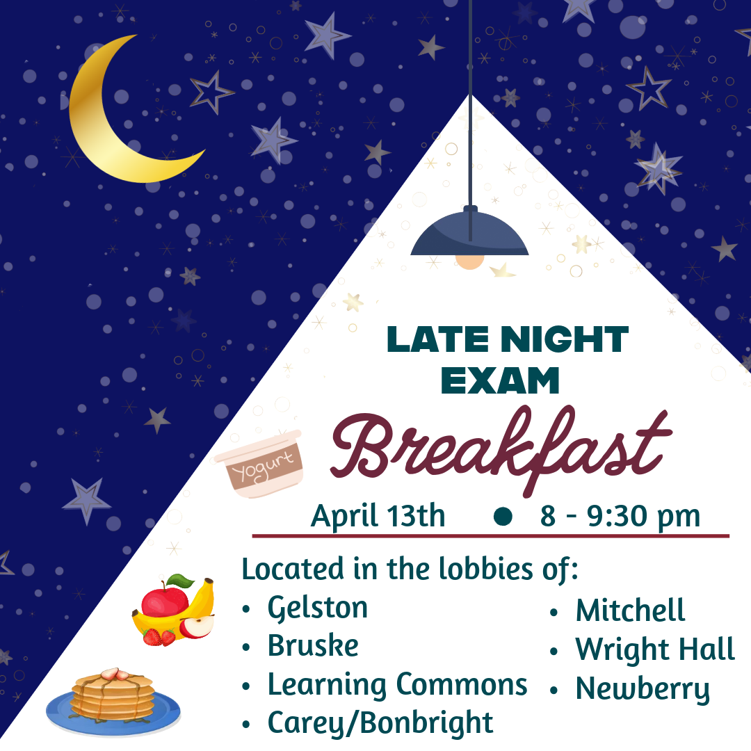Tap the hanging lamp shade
click(x=469, y=232)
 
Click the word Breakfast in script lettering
click(x=501, y=450)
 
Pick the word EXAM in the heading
click(x=500, y=381)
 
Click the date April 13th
click(x=378, y=516)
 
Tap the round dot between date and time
click(x=503, y=516)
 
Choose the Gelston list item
click(x=318, y=608)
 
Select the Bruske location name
click(x=313, y=645)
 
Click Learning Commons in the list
click(x=398, y=685)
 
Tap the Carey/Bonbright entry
click(x=380, y=723)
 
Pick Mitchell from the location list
click(x=630, y=611)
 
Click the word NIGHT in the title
click(x=565, y=339)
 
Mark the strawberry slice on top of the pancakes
click(x=115, y=675)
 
